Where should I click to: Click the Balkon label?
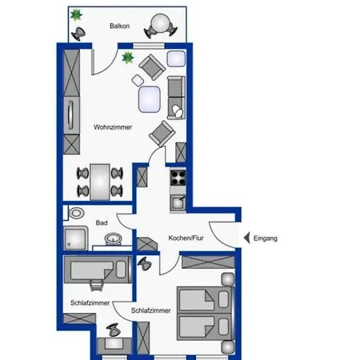(120, 26)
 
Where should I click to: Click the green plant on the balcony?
(76, 15)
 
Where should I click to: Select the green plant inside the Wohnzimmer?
(128, 58)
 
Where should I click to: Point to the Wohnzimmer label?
(113, 127)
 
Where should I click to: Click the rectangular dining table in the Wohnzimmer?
(100, 182)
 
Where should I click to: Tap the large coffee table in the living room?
(150, 99)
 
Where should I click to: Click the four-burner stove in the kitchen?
(178, 178)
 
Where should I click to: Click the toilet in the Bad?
(76, 213)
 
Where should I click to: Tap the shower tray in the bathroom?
(76, 238)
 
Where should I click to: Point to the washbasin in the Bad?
(114, 238)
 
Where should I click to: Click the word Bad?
(102, 222)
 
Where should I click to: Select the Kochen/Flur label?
(186, 238)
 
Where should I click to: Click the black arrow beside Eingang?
(247, 238)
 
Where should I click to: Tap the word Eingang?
(266, 238)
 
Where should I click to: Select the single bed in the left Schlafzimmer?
(98, 270)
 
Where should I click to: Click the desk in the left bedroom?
(114, 346)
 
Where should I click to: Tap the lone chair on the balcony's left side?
(78, 33)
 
